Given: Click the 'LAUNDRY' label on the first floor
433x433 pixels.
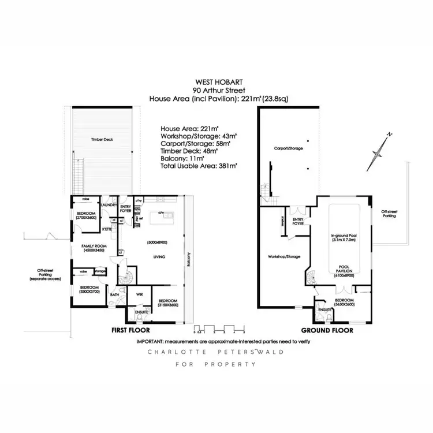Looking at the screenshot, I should coord(109,205).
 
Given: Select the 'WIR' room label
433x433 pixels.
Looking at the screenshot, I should coord(139,294).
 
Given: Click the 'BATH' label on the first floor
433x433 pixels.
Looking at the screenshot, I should coord(114,294).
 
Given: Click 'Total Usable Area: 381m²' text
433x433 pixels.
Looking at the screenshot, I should coord(200,166).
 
